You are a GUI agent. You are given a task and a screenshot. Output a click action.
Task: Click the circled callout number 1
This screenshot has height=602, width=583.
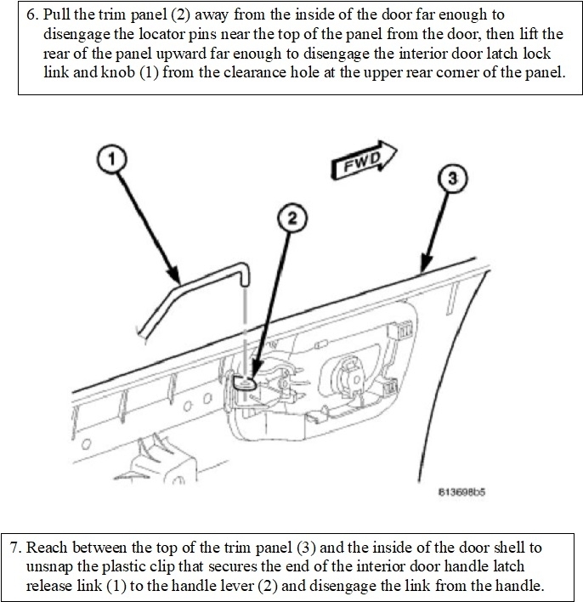coord(111,158)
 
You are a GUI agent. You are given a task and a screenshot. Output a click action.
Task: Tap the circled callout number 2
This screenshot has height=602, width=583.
coord(291,219)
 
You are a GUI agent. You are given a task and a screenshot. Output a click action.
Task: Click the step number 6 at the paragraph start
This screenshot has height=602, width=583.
coord(31,15)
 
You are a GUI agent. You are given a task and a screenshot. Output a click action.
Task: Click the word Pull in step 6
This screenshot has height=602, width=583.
coord(57,15)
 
